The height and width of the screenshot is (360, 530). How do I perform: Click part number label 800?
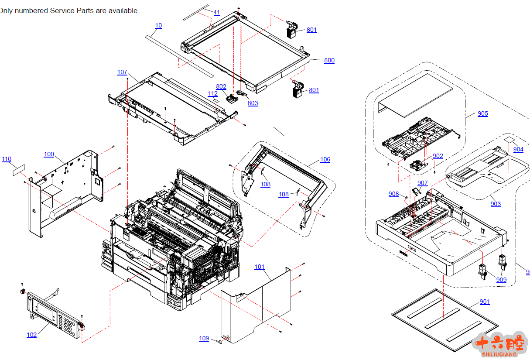329,60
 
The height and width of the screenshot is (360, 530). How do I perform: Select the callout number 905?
482,113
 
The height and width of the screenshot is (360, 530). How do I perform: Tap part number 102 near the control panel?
31,335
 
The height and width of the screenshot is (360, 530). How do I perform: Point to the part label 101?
260,267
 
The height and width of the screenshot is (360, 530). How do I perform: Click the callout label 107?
122,72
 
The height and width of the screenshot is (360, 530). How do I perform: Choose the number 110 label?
7,159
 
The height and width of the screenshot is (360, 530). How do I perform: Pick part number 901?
485,302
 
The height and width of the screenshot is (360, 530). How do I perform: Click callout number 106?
325,159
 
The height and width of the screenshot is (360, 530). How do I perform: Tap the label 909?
501,280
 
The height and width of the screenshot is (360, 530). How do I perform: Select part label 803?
253,103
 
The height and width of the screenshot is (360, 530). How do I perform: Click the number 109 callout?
204,338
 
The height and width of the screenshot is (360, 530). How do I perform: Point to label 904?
518,149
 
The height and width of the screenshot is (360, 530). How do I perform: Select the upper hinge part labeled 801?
291,30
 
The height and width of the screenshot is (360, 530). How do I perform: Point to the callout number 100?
49,154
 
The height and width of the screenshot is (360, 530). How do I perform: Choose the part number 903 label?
496,204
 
